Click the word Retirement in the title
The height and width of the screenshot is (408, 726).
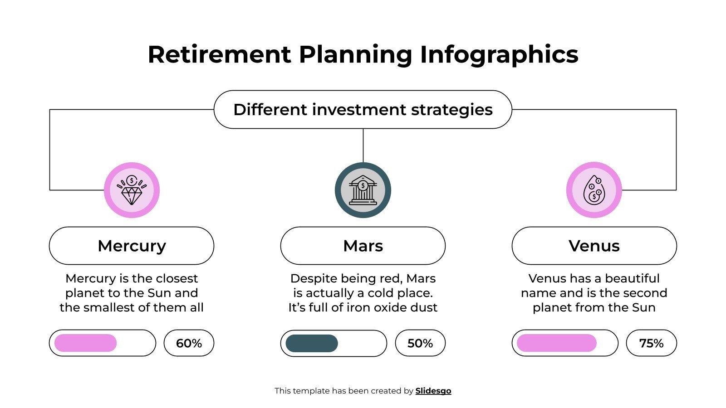219,54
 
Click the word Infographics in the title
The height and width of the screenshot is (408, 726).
499,54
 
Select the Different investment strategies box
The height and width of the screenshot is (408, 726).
363,110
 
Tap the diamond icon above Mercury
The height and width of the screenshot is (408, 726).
132,190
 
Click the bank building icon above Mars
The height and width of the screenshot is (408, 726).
363,190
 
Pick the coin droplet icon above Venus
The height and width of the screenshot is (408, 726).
594,190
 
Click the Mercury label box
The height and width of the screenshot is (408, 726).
132,246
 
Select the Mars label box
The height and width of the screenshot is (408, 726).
363,246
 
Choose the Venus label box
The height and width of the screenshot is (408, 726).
594,246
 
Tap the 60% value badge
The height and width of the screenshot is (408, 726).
189,343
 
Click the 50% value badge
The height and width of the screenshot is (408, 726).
420,343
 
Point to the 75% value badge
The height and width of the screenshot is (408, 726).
651,343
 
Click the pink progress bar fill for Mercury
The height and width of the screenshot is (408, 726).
85,343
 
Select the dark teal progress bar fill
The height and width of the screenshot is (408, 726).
312,343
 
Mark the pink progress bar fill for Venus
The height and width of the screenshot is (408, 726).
556,343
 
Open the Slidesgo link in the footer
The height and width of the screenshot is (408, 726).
433,391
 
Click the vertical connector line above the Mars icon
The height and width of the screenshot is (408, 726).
363,145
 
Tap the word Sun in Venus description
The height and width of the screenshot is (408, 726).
644,307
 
